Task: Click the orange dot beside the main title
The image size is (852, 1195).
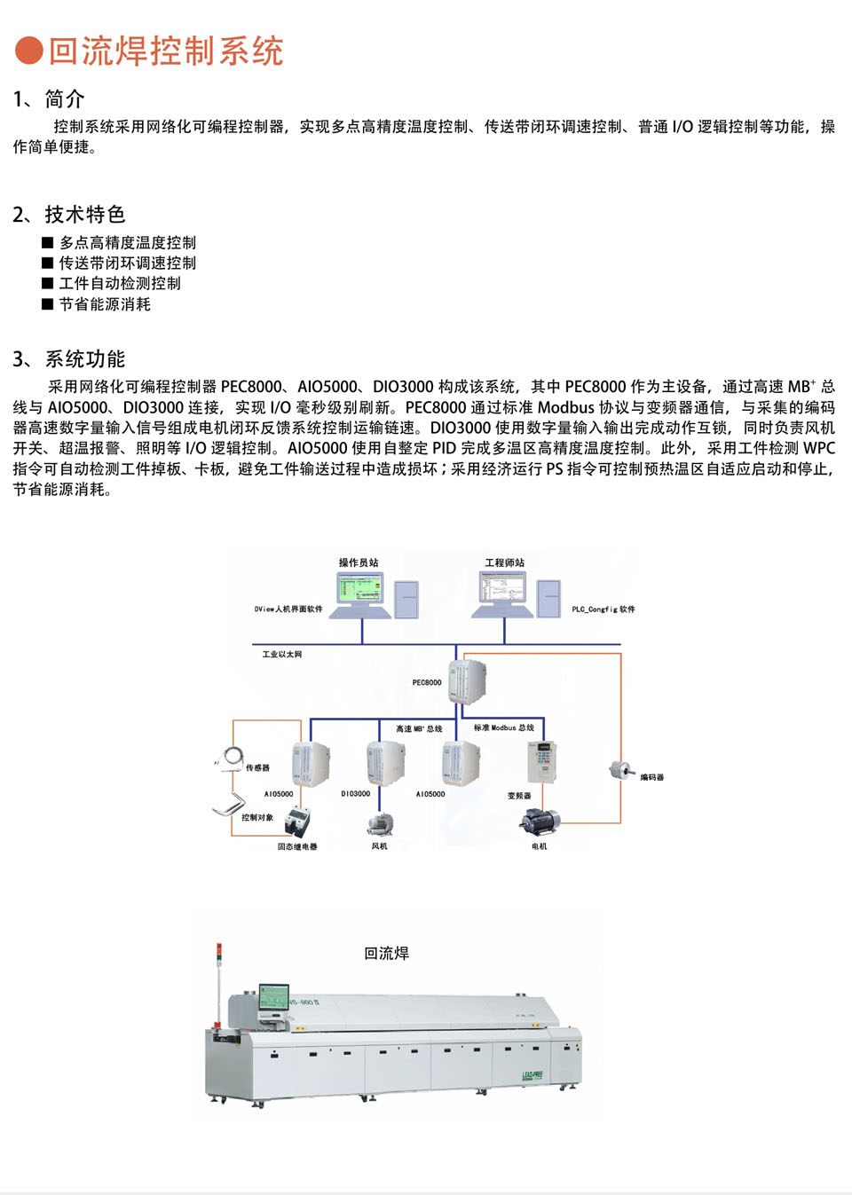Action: point(29,51)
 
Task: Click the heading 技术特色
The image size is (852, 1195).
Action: point(85,215)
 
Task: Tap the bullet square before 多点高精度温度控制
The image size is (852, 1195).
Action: point(48,242)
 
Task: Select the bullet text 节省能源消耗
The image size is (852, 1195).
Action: point(105,304)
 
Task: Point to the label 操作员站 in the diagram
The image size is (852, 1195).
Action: point(359,562)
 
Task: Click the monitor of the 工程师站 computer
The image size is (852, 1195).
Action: point(502,588)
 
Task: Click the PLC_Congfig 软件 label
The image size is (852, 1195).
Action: point(603,609)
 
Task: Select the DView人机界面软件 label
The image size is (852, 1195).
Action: point(288,609)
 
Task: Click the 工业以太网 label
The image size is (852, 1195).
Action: point(281,655)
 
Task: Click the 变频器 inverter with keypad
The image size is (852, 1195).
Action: point(541,761)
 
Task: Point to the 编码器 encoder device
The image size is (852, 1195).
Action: point(620,770)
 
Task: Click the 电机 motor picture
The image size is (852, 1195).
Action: point(540,822)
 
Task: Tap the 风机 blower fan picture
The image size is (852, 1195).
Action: point(381,824)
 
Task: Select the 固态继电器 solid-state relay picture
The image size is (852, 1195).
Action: point(298,824)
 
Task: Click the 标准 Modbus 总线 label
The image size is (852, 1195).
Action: point(504,728)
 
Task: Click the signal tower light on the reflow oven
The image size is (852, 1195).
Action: point(218,955)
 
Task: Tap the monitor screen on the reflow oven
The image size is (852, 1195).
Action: point(273,996)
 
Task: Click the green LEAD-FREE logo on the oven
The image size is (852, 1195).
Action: point(532,1076)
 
